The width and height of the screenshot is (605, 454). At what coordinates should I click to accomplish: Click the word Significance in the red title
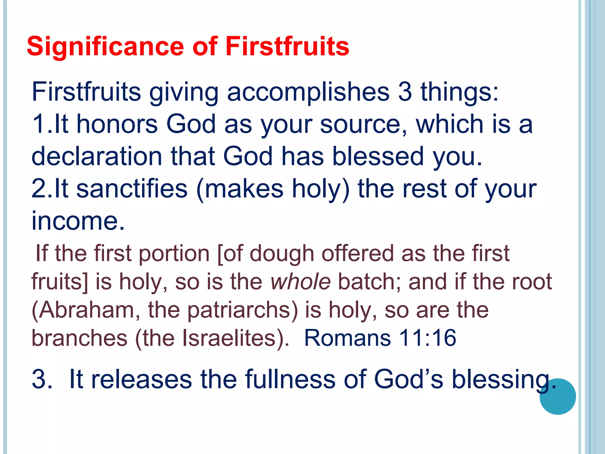pos(105,46)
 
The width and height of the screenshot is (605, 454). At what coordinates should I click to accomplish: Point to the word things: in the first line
pos(460,92)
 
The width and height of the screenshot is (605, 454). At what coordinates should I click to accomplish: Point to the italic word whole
pos(300,281)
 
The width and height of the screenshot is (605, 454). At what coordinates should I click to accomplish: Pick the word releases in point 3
pos(142,379)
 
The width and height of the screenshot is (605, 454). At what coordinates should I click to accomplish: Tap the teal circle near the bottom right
pos(557,397)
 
